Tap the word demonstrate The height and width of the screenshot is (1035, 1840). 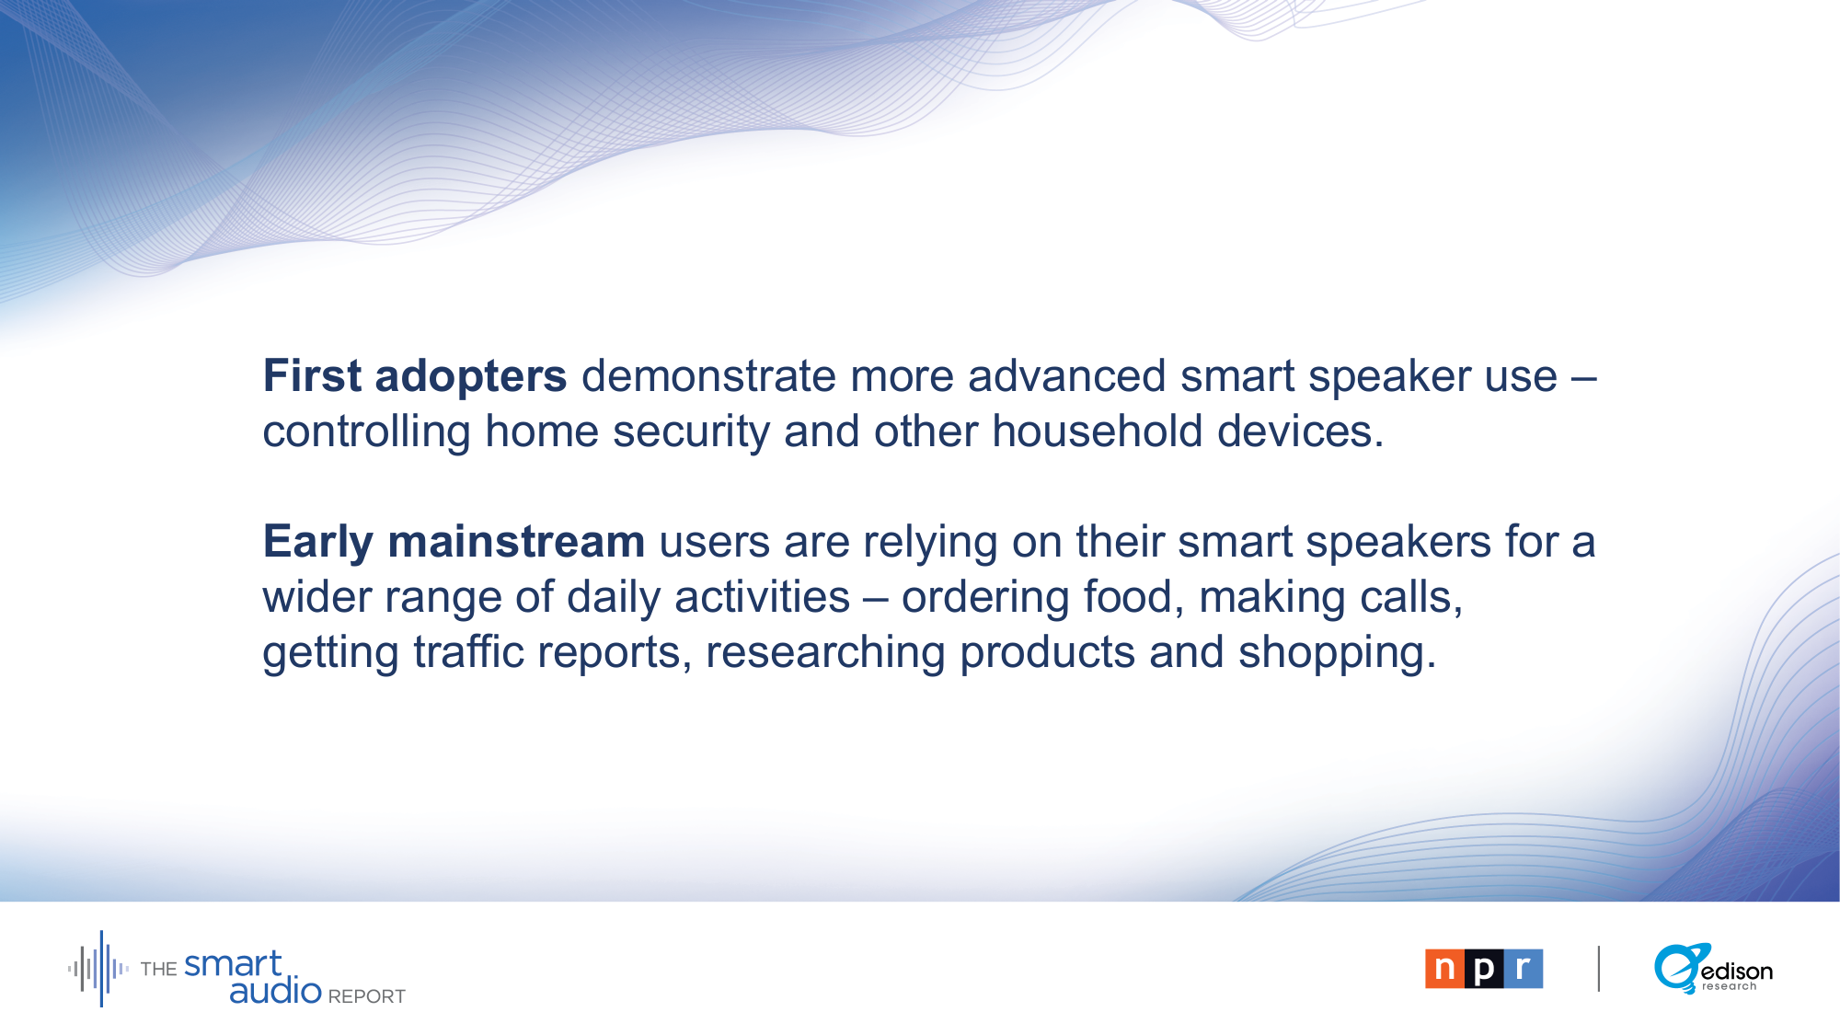(708, 376)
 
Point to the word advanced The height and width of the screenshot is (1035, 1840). (1066, 376)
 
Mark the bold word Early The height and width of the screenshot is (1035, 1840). (317, 543)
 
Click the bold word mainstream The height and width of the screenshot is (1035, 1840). (516, 542)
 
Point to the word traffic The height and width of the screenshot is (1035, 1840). (468, 652)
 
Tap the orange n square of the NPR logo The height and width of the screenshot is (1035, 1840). (1444, 969)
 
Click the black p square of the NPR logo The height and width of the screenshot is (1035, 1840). (1484, 969)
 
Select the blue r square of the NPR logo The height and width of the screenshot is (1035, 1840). (1524, 969)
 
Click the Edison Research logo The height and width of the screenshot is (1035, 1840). (1713, 969)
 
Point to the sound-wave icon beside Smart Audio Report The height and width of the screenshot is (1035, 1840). (98, 969)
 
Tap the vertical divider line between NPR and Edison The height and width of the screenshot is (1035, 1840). (1599, 969)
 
